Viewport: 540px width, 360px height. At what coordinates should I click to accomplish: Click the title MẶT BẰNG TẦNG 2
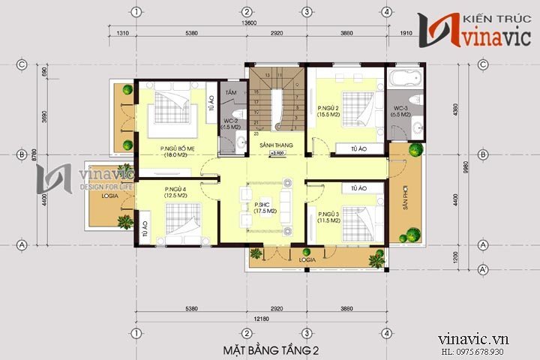pyautogui.click(x=270, y=350)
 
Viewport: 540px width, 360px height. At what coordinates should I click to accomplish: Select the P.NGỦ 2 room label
pyautogui.click(x=329, y=111)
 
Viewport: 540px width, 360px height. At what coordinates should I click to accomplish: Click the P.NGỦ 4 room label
pyautogui.click(x=175, y=191)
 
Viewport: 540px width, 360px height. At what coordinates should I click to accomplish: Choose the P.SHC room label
pyautogui.click(x=262, y=208)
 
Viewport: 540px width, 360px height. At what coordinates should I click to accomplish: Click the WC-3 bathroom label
pyautogui.click(x=401, y=112)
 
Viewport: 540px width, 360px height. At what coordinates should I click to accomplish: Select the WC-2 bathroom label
pyautogui.click(x=229, y=123)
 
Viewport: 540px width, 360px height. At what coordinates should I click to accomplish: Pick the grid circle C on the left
pyautogui.click(x=22, y=64)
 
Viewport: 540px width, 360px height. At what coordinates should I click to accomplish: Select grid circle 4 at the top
pyautogui.click(x=385, y=12)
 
